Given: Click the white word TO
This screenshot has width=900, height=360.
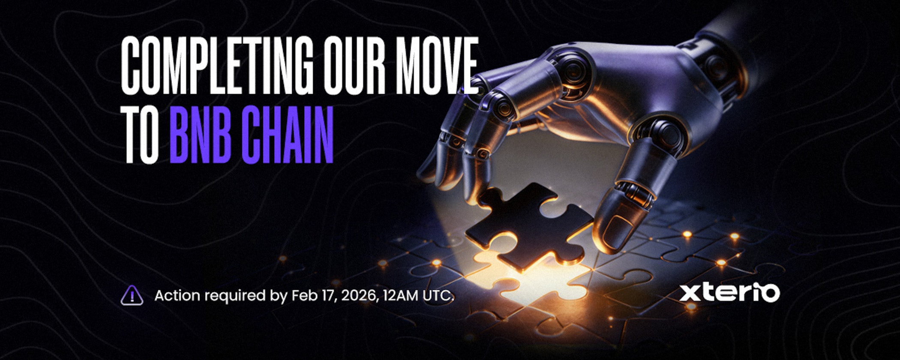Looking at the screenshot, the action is click(141, 134).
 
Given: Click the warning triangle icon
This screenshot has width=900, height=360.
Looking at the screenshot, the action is click(132, 295).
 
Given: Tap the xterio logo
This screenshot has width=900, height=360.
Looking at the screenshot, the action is click(729, 293).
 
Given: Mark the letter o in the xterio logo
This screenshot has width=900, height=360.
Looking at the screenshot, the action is click(770, 293).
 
